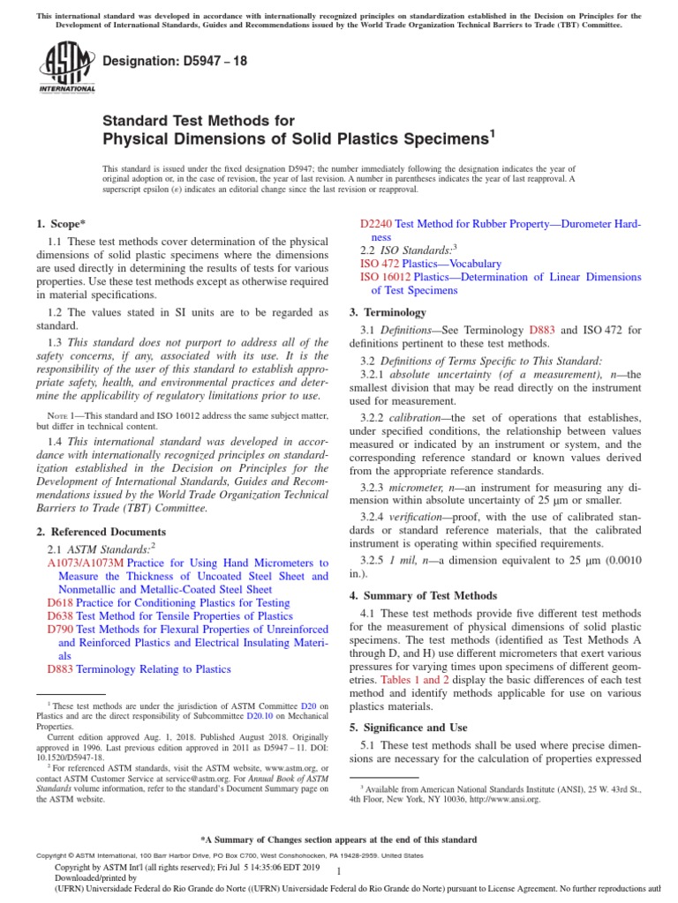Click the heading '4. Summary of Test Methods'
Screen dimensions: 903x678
coord(423,595)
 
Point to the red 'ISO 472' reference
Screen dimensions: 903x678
coord(380,264)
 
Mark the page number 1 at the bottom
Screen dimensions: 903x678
coord(339,870)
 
